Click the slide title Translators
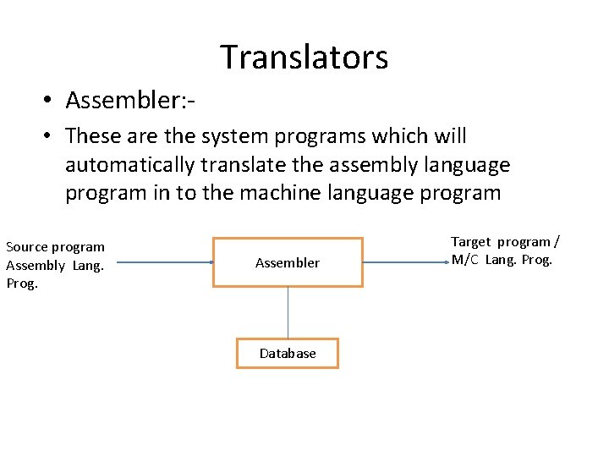(x=304, y=58)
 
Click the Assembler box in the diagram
(x=288, y=262)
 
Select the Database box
(x=288, y=353)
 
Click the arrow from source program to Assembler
(x=164, y=262)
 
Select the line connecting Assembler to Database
(x=288, y=312)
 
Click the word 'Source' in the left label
(x=27, y=247)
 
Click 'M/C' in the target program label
(x=465, y=260)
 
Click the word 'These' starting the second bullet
(x=91, y=136)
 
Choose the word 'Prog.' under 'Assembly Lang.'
(x=22, y=284)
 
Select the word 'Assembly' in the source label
(x=36, y=266)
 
